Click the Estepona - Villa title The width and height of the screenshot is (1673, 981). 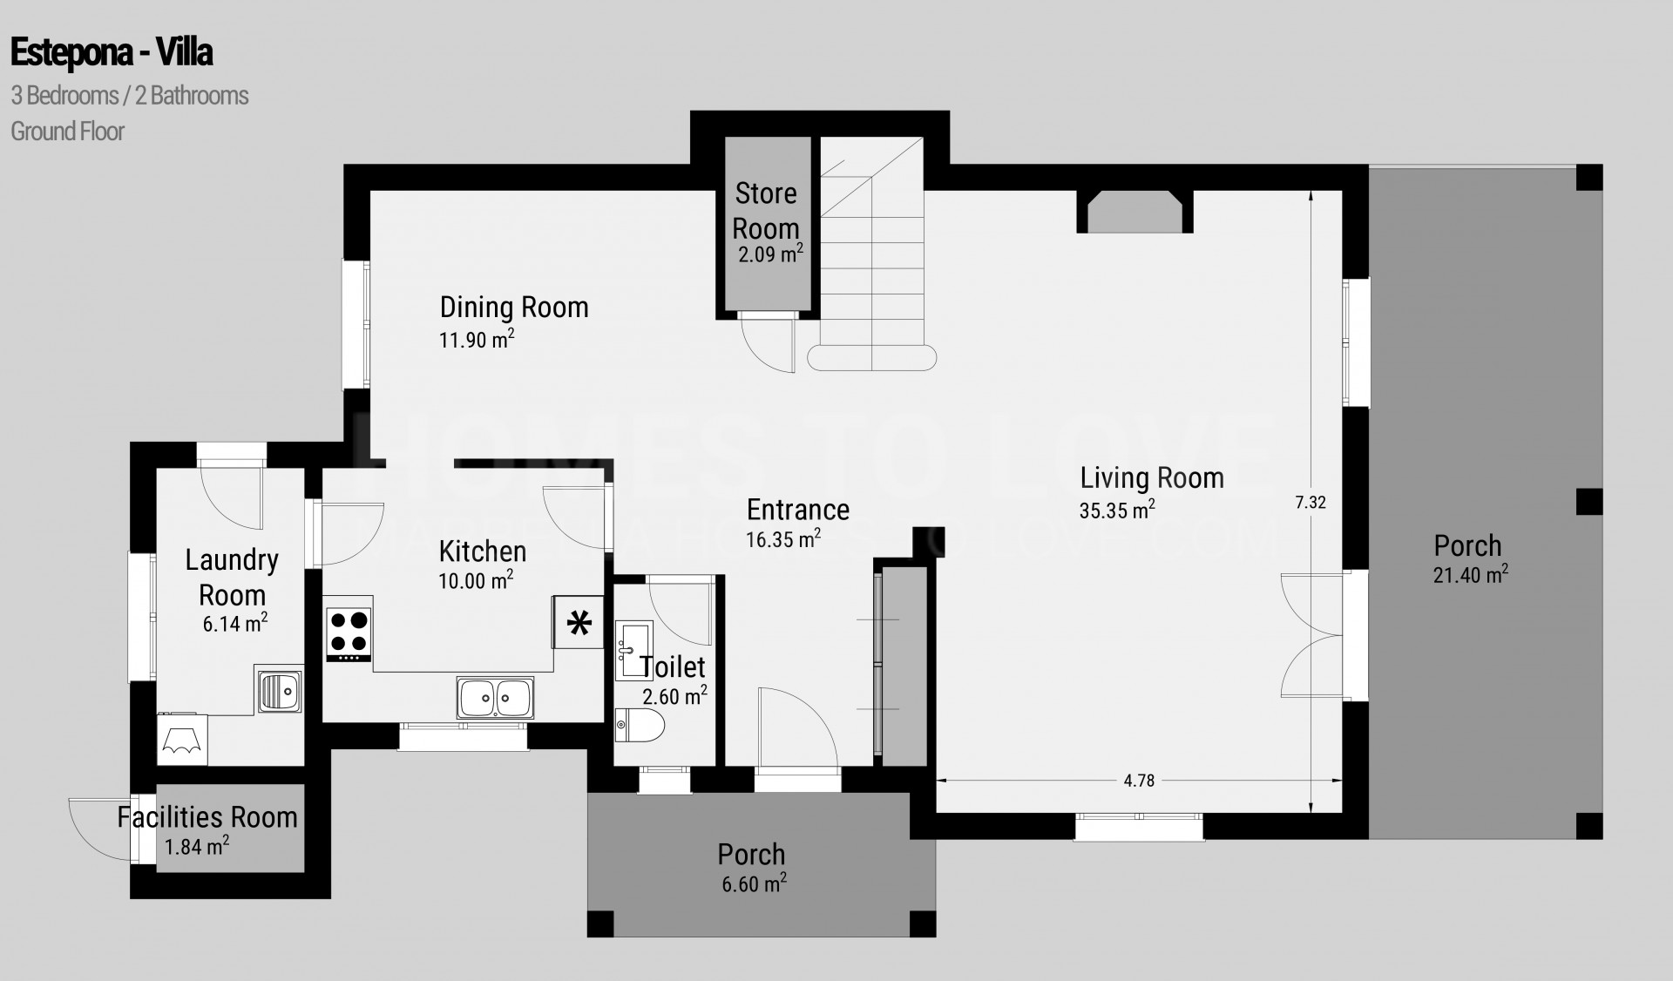[112, 53]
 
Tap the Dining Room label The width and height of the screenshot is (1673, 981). [514, 307]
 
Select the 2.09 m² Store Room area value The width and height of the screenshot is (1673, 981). [770, 254]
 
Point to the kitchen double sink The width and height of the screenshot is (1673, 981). [495, 698]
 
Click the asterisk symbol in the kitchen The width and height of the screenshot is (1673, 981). [579, 623]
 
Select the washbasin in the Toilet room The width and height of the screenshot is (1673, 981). [633, 649]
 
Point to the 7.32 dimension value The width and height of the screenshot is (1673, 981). [1311, 502]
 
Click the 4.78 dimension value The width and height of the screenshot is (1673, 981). [1139, 781]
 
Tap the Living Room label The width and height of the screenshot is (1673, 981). [1152, 477]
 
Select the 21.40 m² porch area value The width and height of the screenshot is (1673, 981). [1471, 575]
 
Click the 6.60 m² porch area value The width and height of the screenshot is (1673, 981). [754, 883]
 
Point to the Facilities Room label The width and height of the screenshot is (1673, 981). [207, 817]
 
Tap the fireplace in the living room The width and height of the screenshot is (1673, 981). [1135, 212]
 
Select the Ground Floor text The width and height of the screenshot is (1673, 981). [68, 132]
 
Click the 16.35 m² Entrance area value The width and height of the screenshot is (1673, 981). [783, 539]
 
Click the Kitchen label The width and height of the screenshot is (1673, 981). [483, 551]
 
